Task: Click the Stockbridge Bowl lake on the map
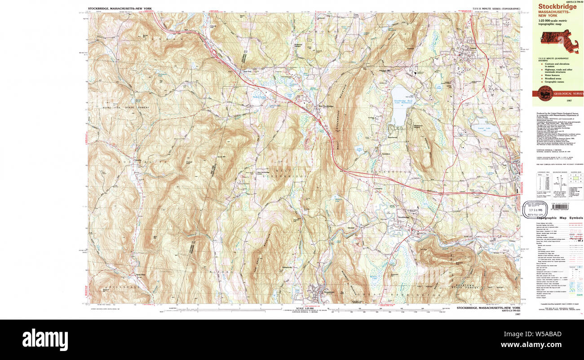(399, 105)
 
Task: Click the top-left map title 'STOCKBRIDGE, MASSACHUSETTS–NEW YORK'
(119, 9)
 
